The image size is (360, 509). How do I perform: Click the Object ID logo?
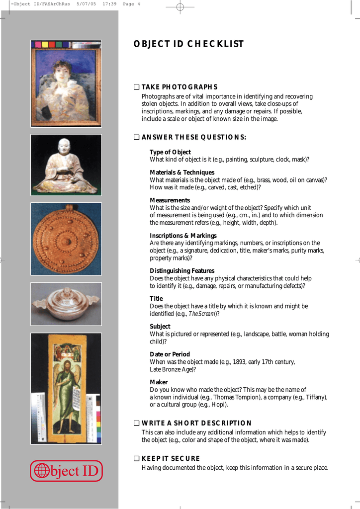pyautogui.click(x=66, y=471)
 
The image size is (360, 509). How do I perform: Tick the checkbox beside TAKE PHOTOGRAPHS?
pyautogui.click(x=136, y=87)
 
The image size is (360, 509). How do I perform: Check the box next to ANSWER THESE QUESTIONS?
pyautogui.click(x=136, y=138)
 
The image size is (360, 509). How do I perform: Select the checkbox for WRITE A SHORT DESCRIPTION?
pyautogui.click(x=136, y=424)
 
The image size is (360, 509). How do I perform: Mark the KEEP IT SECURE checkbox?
pyautogui.click(x=136, y=459)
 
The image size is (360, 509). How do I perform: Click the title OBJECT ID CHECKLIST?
pyautogui.click(x=188, y=44)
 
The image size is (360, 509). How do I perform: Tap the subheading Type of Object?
pyautogui.click(x=170, y=152)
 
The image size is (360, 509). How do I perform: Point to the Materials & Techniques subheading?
pyautogui.click(x=182, y=172)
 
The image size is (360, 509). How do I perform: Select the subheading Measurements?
pyautogui.click(x=170, y=200)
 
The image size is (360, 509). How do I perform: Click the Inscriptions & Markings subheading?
pyautogui.click(x=183, y=236)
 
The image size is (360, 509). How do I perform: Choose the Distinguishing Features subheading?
pyautogui.click(x=182, y=271)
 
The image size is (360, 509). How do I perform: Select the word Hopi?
pyautogui.click(x=219, y=405)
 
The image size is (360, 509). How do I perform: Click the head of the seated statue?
pyautogui.click(x=64, y=145)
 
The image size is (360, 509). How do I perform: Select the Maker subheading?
pyautogui.click(x=159, y=382)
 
